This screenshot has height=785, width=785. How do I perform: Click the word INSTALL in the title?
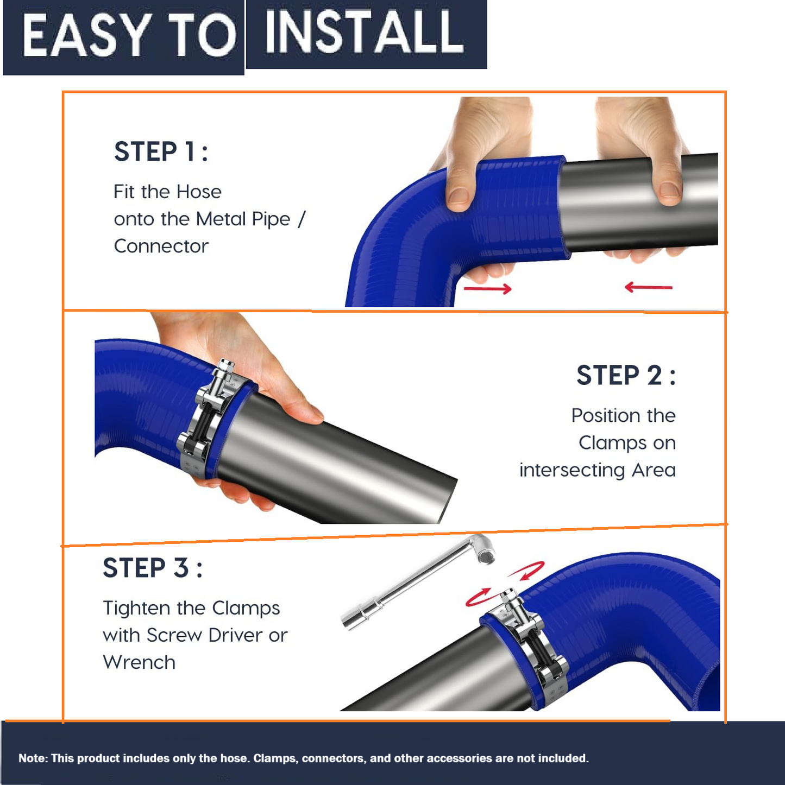(x=364, y=32)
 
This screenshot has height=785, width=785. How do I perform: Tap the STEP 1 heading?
(x=161, y=152)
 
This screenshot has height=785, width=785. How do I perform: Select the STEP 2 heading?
(x=626, y=375)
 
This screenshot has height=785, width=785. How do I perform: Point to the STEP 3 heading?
(x=153, y=568)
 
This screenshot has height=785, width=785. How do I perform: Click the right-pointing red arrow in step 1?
(x=488, y=289)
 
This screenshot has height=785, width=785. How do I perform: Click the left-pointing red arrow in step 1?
(x=649, y=287)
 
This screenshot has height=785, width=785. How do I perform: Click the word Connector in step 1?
(x=161, y=246)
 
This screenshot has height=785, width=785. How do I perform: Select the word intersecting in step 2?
(x=572, y=470)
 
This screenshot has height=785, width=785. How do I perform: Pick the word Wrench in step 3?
(x=139, y=662)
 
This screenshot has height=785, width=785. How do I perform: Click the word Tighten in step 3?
(x=136, y=609)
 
